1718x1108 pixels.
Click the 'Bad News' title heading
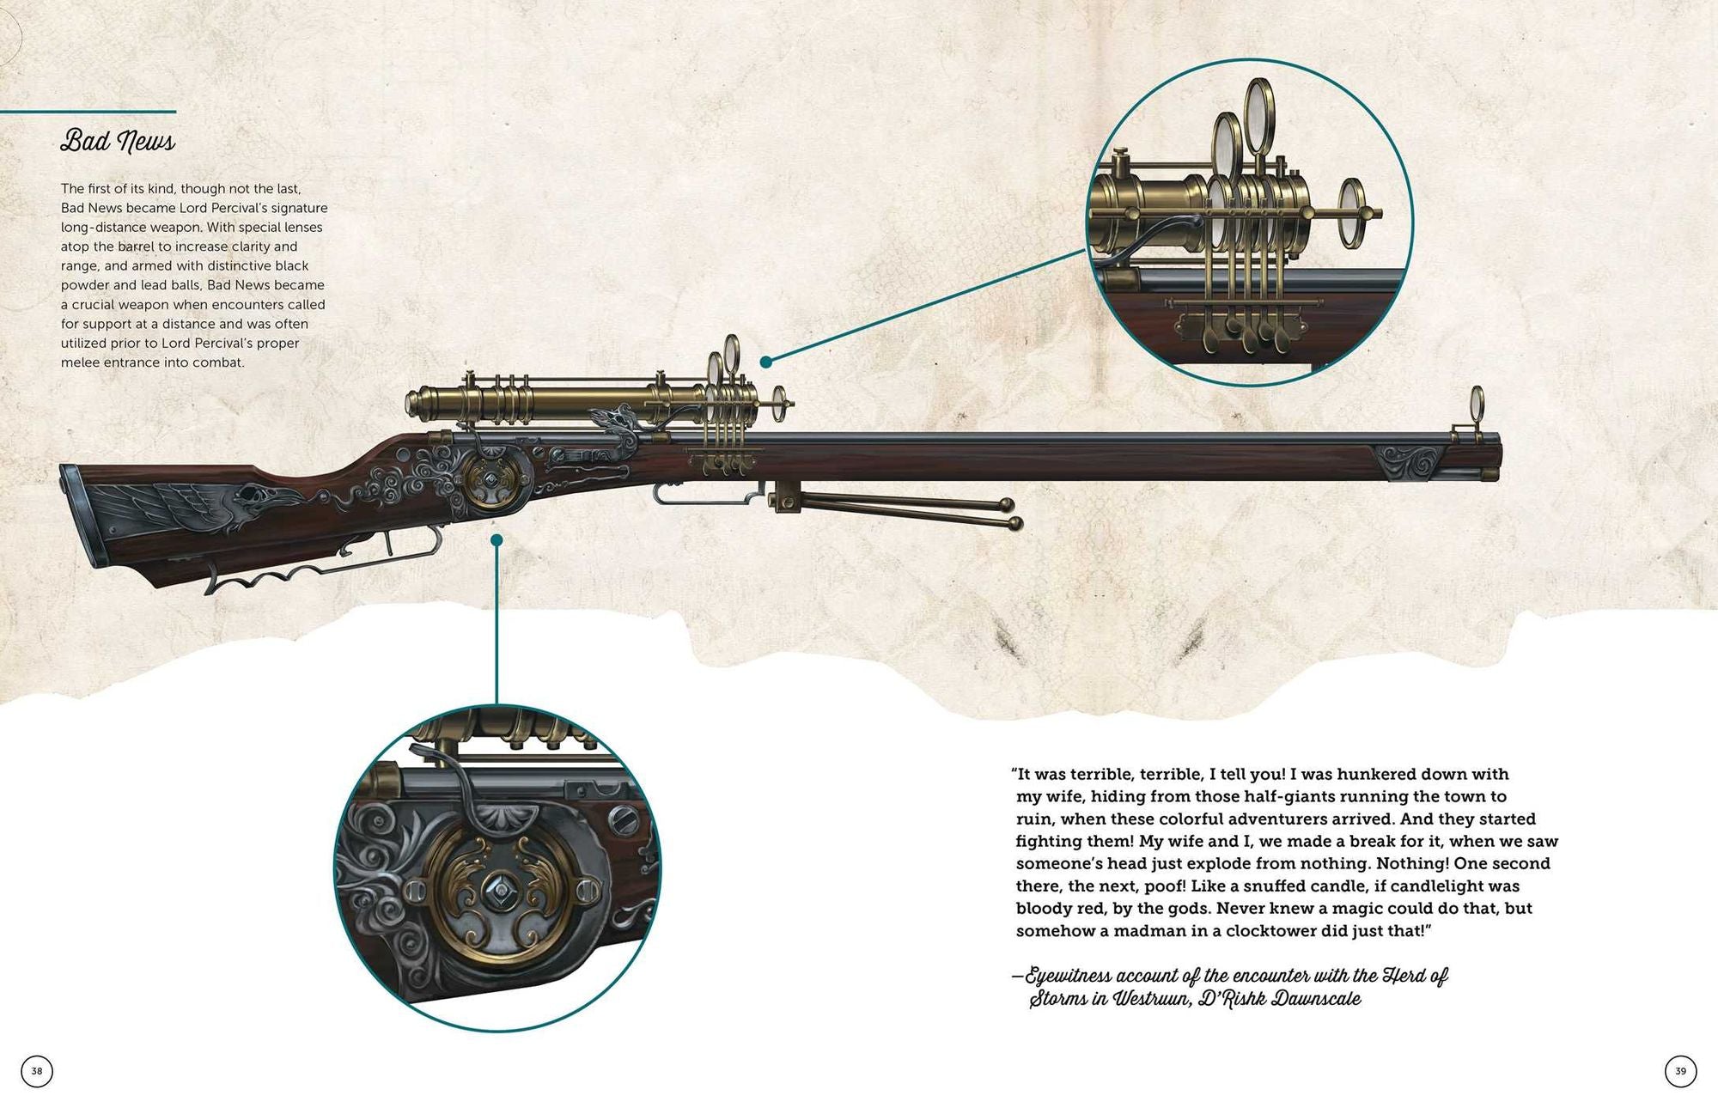click(118, 141)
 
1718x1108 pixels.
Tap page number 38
click(37, 1071)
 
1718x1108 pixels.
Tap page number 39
click(1680, 1071)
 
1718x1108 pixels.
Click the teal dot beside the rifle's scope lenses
click(765, 362)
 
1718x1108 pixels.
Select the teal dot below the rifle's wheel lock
click(497, 539)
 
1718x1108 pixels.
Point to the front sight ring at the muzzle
click(1477, 400)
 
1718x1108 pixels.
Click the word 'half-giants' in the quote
click(1286, 797)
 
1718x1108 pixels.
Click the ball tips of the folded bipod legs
click(1011, 514)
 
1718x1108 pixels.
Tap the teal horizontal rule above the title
click(88, 112)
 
